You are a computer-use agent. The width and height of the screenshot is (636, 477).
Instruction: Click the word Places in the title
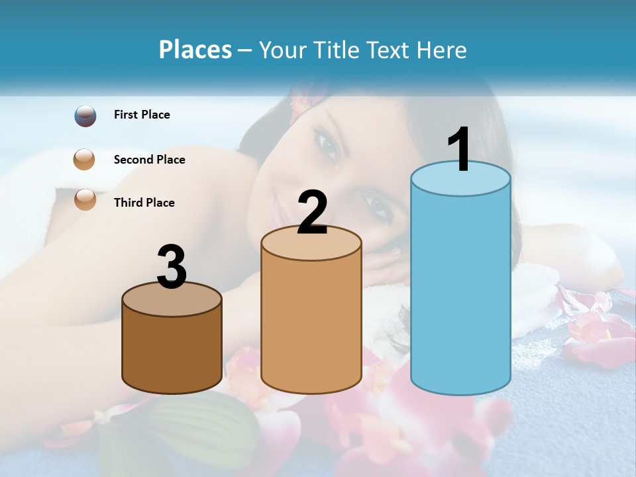(195, 50)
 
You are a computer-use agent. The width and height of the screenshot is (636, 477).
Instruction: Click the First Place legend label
(142, 115)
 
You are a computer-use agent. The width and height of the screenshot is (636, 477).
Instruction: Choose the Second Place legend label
(149, 160)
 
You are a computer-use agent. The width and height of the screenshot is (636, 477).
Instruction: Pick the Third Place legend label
(144, 203)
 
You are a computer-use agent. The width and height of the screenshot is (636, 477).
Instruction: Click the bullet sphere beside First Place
(85, 116)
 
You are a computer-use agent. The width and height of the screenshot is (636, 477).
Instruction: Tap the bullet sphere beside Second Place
(84, 160)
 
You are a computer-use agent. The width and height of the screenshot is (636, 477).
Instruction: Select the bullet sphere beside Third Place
(85, 199)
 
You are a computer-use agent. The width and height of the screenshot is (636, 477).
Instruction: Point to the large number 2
(312, 213)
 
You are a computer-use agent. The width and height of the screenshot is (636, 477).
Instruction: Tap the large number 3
(172, 268)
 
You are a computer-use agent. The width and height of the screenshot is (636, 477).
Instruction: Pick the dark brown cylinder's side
(172, 351)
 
